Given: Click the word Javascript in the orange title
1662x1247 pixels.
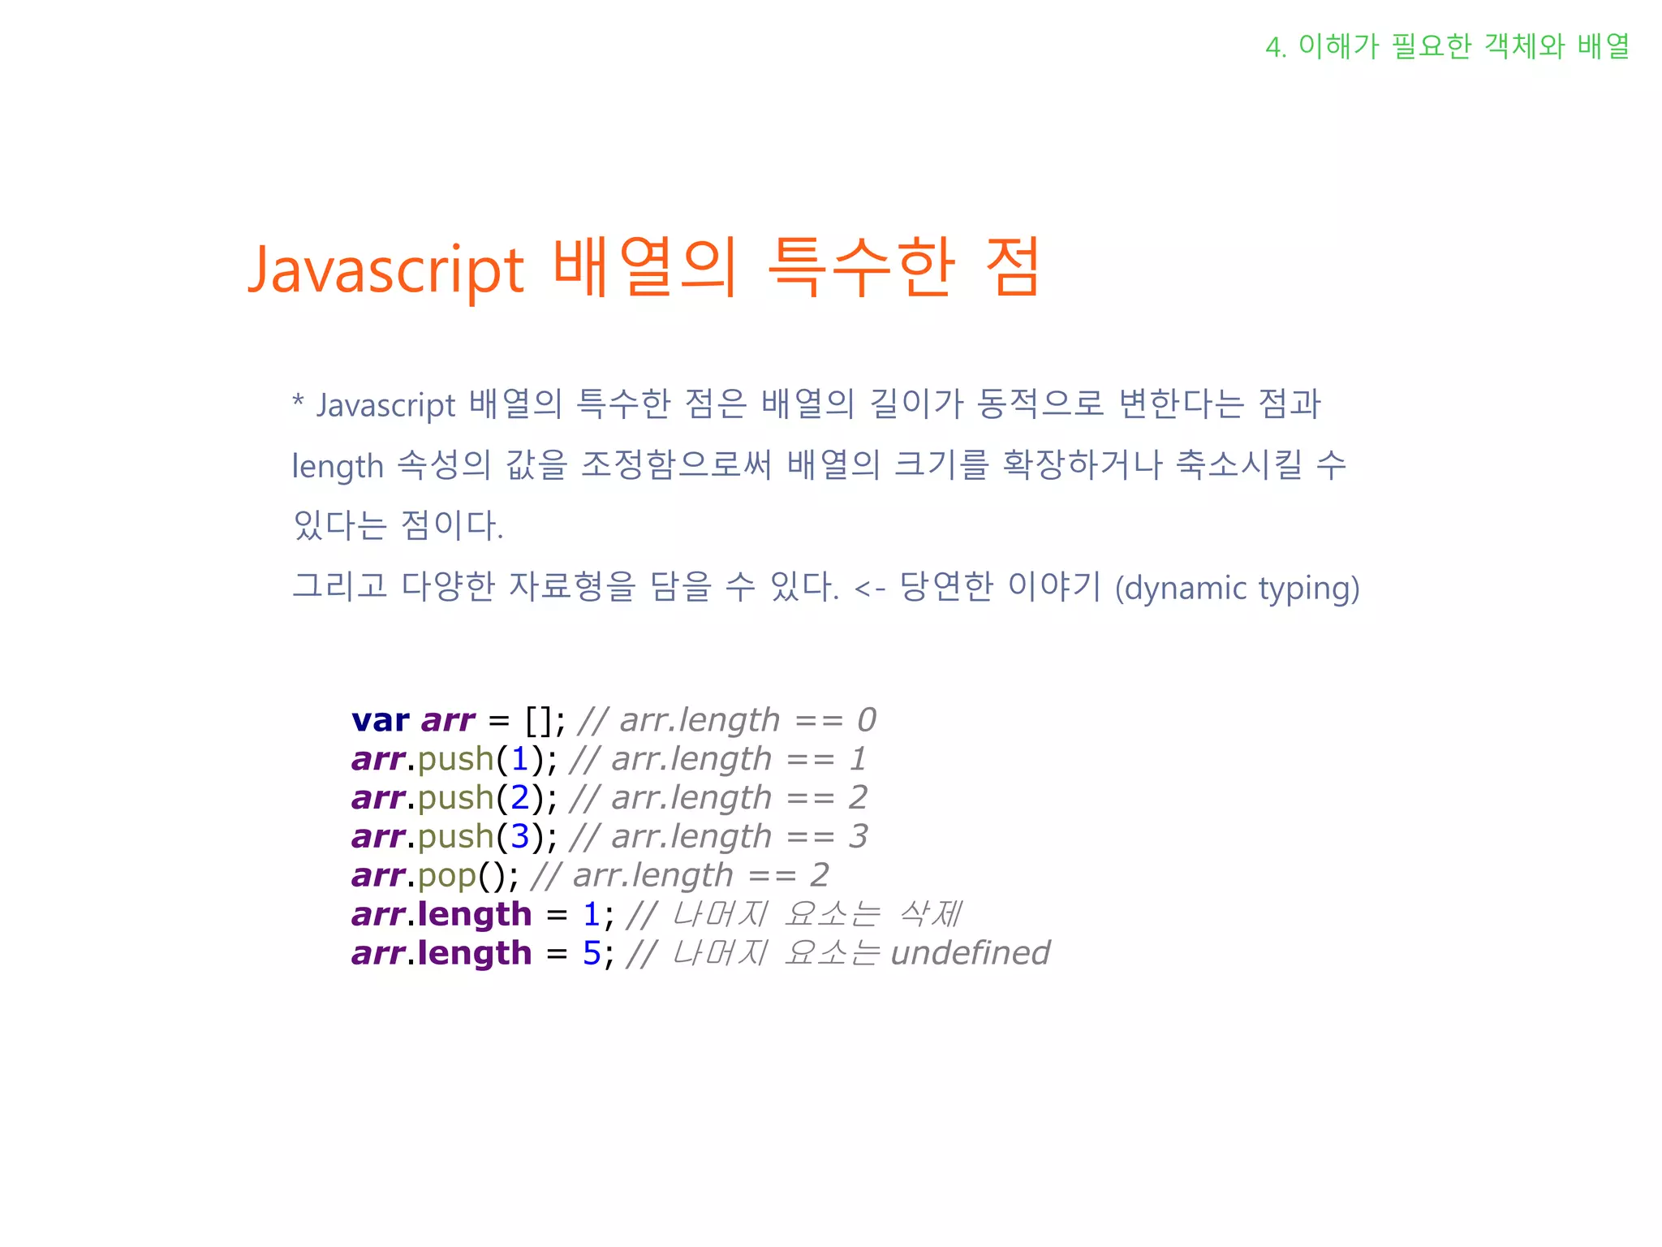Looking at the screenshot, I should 386,270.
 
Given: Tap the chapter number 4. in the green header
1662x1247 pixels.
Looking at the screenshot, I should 1276,48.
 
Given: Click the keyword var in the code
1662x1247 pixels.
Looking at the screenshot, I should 380,720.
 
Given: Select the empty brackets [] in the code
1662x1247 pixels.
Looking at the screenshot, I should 540,720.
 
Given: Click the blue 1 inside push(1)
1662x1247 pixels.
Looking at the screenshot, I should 519,759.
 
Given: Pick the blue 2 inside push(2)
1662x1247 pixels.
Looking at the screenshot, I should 519,798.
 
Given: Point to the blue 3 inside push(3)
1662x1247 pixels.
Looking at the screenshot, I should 519,836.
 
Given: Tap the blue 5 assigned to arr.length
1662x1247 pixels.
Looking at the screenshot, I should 592,953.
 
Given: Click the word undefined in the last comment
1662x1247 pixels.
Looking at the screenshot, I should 970,953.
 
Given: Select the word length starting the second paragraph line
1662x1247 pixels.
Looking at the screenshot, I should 337,467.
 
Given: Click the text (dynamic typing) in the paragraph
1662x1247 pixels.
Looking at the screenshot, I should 1237,588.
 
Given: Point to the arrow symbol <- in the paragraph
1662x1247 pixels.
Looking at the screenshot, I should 869,589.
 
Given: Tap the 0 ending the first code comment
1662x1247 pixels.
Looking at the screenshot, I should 867,720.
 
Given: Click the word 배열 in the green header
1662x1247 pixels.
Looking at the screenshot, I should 1603,46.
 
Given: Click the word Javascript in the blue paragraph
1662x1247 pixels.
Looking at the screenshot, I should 386,405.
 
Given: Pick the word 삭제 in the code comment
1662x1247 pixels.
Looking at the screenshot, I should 929,914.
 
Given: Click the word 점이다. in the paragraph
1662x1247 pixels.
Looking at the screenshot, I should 452,525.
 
